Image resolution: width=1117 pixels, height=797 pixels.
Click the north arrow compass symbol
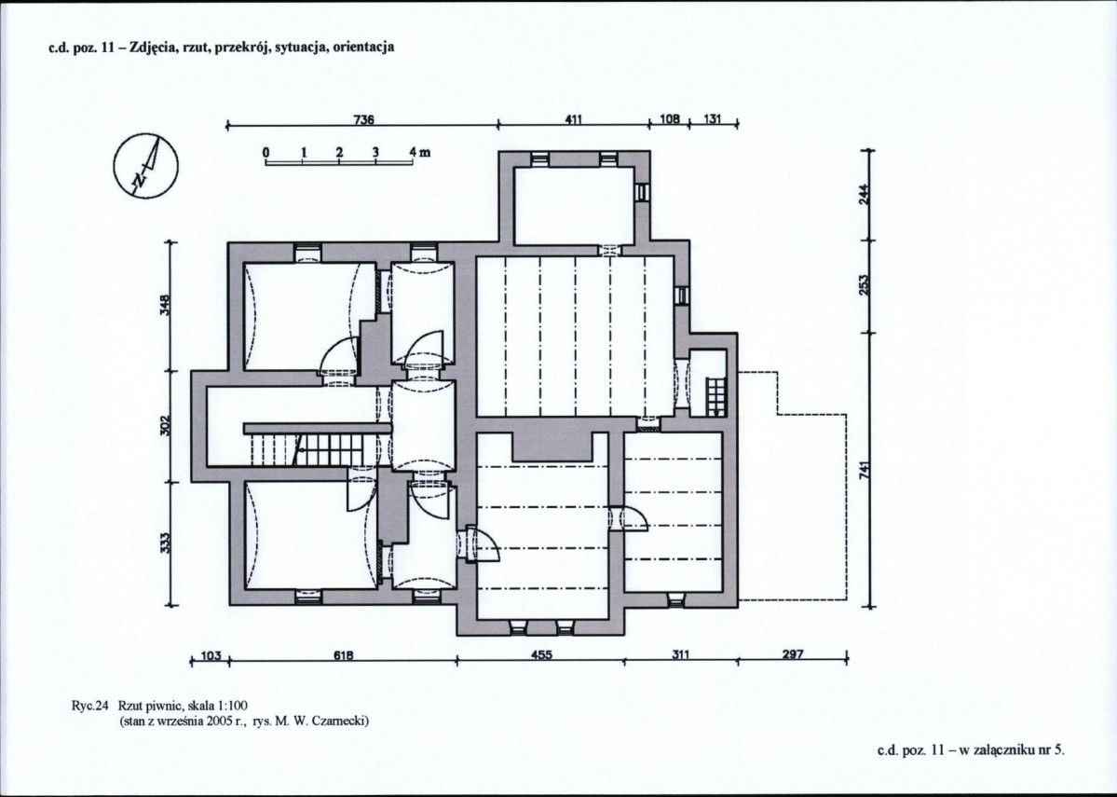(146, 168)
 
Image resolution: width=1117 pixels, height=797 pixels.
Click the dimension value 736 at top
(364, 119)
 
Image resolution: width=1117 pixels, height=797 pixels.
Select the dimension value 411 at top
(574, 119)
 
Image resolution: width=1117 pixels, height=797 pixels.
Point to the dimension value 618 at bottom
(344, 654)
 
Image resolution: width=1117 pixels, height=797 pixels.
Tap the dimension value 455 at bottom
(542, 654)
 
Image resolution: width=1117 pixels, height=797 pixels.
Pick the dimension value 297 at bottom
(793, 653)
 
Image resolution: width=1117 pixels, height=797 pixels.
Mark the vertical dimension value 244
(865, 193)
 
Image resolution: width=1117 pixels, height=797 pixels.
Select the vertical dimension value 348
(165, 308)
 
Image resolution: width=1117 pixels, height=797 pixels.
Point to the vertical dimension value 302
(165, 426)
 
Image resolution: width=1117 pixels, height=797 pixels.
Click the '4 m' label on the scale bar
(419, 152)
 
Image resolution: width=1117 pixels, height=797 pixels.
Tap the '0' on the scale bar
(265, 152)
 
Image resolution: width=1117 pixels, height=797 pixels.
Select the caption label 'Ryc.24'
(89, 707)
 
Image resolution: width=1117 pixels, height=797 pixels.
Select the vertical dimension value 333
(165, 544)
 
